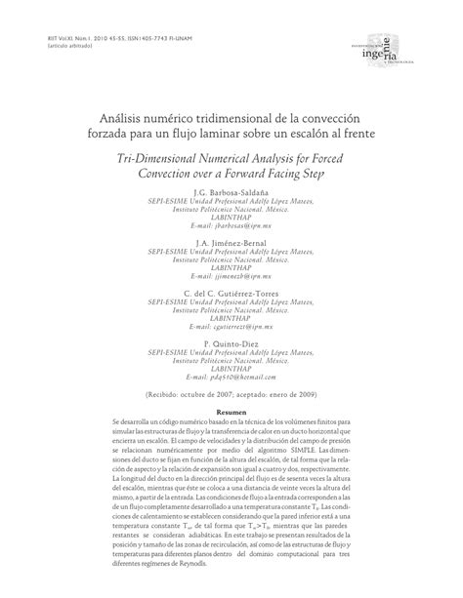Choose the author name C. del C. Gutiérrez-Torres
point(231,291)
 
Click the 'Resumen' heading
point(231,413)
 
